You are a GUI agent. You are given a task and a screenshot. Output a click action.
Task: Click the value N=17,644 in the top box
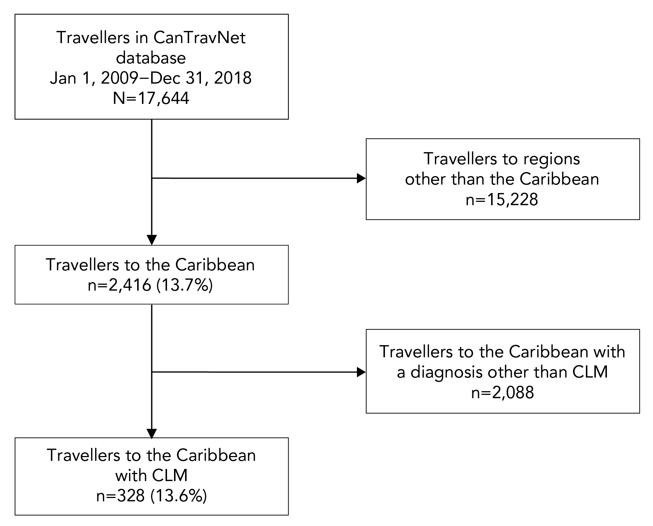(x=151, y=98)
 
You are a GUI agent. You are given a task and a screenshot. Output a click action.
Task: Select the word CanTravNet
(x=199, y=38)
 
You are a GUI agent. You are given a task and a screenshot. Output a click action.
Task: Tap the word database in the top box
(x=151, y=58)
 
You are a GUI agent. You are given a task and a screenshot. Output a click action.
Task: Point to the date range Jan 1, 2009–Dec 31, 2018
(x=151, y=78)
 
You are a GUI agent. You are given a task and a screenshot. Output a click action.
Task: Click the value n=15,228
(x=502, y=200)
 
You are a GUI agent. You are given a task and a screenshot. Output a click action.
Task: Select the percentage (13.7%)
(x=185, y=285)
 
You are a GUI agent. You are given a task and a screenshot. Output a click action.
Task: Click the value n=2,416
(x=119, y=285)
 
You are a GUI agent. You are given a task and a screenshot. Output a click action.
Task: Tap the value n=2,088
(x=502, y=393)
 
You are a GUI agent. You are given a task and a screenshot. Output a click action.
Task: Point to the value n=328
(x=121, y=496)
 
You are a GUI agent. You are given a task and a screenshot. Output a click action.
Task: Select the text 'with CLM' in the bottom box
(x=151, y=476)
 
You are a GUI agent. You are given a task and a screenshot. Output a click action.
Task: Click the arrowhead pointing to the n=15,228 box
(x=361, y=179)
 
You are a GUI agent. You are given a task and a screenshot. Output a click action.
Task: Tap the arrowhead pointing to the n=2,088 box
(x=361, y=372)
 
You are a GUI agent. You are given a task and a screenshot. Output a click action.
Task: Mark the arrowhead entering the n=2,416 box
(x=152, y=240)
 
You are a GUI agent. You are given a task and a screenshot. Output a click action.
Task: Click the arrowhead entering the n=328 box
(x=152, y=433)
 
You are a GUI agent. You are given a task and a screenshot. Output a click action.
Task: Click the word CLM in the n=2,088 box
(x=590, y=372)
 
